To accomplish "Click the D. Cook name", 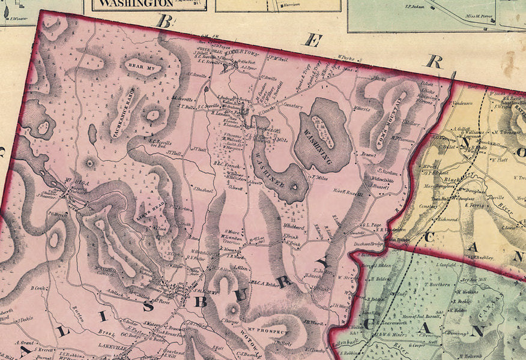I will coord(39,288).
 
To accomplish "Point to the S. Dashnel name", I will coord(204,190).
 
